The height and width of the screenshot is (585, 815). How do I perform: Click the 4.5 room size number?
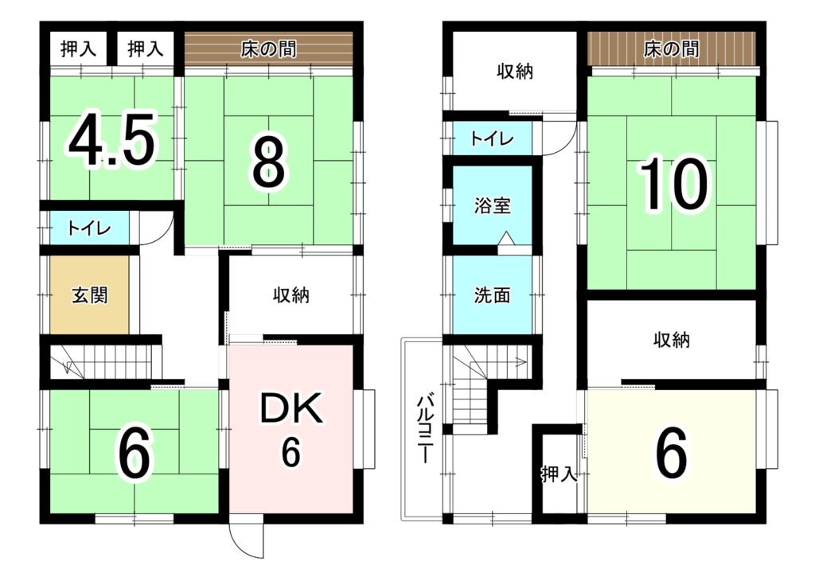pyautogui.click(x=111, y=140)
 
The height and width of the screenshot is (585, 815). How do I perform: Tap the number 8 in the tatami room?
pyautogui.click(x=269, y=166)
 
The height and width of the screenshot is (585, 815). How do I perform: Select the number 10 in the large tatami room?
pyautogui.click(x=674, y=184)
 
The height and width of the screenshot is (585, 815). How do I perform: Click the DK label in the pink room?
pyautogui.click(x=291, y=410)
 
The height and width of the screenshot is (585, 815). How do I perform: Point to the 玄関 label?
pyautogui.click(x=89, y=295)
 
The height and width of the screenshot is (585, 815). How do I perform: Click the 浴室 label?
pyautogui.click(x=492, y=205)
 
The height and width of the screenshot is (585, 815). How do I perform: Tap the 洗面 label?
pyautogui.click(x=492, y=294)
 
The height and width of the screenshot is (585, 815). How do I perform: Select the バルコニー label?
pyautogui.click(x=424, y=430)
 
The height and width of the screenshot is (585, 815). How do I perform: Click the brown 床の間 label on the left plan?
pyautogui.click(x=269, y=49)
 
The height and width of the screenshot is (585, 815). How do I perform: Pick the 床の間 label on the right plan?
pyautogui.click(x=672, y=49)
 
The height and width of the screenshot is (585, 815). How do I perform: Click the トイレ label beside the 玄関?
pyautogui.click(x=89, y=228)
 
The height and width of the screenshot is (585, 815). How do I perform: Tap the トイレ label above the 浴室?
pyautogui.click(x=492, y=138)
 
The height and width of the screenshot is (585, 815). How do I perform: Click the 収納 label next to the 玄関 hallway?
pyautogui.click(x=291, y=295)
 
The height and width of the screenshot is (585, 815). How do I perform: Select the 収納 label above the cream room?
pyautogui.click(x=672, y=340)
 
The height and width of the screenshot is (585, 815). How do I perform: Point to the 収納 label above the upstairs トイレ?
pyautogui.click(x=515, y=72)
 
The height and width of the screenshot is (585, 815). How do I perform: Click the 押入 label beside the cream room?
pyautogui.click(x=560, y=474)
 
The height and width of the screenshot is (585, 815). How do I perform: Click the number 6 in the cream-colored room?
pyautogui.click(x=672, y=453)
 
